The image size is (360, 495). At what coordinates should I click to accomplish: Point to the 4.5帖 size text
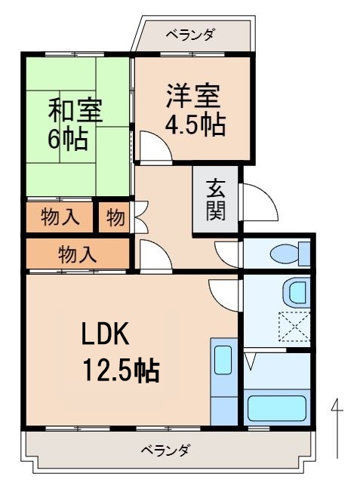coord(195,125)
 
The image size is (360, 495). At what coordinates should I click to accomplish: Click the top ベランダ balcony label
coord(189,33)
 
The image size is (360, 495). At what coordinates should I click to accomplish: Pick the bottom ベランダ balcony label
coord(165,450)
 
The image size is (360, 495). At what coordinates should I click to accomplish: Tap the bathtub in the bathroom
coord(277,407)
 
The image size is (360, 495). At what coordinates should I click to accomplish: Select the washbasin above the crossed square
coord(298,291)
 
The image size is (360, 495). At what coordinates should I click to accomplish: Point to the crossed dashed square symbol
coord(294,327)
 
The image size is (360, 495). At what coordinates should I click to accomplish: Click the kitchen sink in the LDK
coord(223,361)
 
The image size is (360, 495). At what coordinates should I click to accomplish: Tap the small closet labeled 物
coord(115,217)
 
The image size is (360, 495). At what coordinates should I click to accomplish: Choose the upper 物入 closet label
coord(60,217)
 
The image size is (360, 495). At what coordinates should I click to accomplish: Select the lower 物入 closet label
coord(78,254)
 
